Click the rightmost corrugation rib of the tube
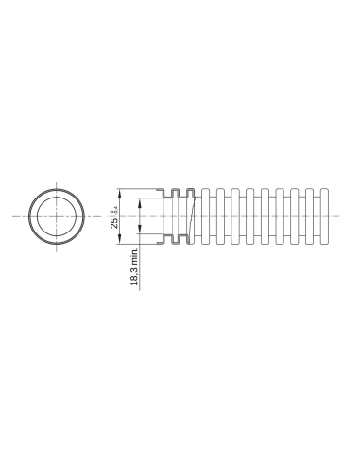[x=328, y=217]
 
